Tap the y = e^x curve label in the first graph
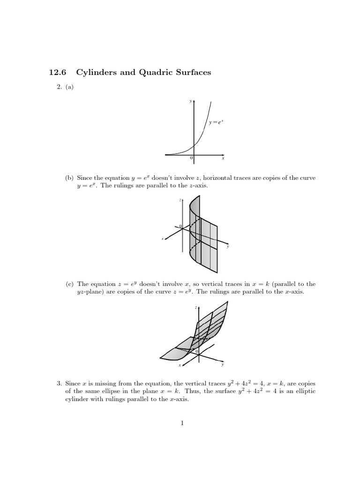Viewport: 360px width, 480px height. click(216, 122)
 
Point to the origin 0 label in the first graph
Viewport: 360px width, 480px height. click(191, 158)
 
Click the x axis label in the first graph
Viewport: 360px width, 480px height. click(223, 158)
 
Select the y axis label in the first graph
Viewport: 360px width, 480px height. click(190, 100)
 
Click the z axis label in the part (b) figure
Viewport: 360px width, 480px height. click(180, 200)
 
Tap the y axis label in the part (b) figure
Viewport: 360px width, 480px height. click(228, 247)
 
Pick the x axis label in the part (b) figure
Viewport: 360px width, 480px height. click(163, 239)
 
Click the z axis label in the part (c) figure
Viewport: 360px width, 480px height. click(195, 307)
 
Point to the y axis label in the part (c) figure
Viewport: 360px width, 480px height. click(223, 364)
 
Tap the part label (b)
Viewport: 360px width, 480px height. click(69, 178)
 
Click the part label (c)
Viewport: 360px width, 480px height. click(69, 284)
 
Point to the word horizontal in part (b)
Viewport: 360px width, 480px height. click(215, 178)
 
